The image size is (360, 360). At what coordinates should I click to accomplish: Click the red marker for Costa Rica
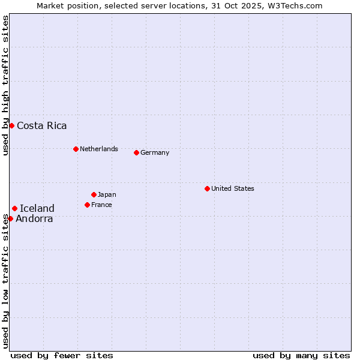[x=11, y=125]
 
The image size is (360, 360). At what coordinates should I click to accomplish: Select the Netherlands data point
[x=76, y=149]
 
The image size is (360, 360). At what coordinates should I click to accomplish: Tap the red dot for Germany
[x=136, y=152]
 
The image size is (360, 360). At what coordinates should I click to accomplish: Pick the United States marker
[x=207, y=188]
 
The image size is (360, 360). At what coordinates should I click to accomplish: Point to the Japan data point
[x=94, y=194]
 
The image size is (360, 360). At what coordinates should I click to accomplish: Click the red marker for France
[x=87, y=205]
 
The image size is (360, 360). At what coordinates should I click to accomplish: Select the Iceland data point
[x=14, y=208]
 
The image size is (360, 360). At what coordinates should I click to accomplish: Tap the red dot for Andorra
[x=10, y=218]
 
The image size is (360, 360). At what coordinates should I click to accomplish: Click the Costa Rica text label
[x=42, y=125]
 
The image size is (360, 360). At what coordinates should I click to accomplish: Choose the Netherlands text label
[x=99, y=149]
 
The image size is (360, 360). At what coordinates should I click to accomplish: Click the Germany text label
[x=155, y=152]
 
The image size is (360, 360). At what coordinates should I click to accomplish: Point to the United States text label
[x=233, y=188]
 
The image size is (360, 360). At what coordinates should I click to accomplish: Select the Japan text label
[x=107, y=194]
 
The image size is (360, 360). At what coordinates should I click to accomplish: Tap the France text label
[x=101, y=205]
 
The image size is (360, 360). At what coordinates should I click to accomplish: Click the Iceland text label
[x=37, y=208]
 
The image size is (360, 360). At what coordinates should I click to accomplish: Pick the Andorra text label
[x=34, y=218]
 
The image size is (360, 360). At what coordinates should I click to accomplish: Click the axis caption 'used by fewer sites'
[x=62, y=355]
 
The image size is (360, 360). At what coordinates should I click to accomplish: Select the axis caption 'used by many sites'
[x=301, y=355]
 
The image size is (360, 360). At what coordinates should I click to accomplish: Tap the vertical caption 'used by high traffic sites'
[x=5, y=85]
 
